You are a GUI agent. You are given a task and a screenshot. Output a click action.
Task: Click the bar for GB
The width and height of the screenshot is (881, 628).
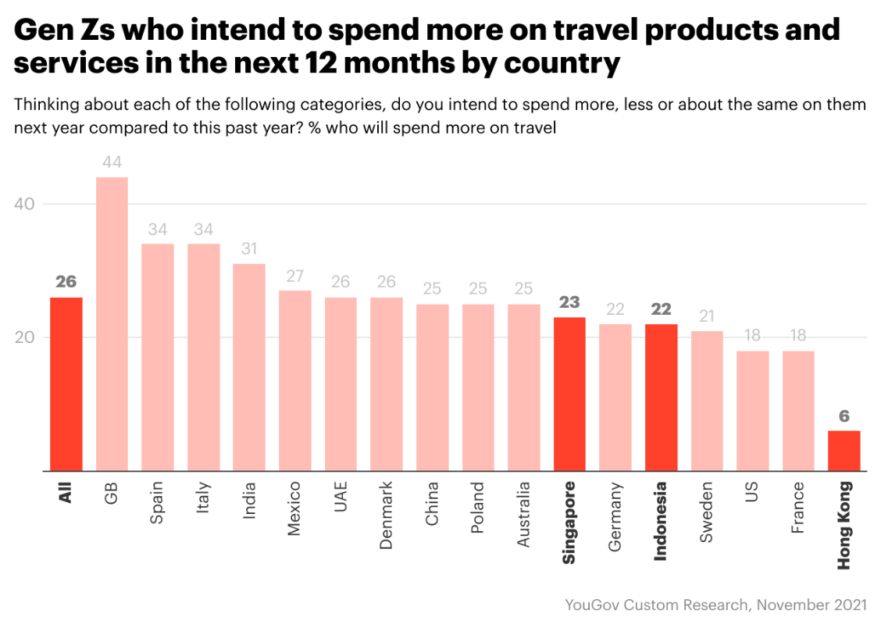pos(112,324)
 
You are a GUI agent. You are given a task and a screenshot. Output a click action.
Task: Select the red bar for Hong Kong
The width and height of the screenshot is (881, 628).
pos(844,451)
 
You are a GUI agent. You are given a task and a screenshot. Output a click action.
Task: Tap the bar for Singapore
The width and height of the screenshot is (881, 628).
pos(569,394)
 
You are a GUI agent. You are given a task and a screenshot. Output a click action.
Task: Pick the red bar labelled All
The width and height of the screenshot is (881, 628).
pos(66,384)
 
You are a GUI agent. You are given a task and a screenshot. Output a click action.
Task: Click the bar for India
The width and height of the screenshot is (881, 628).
pos(249,367)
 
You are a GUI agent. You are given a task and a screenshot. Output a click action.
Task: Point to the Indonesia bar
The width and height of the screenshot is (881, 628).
pos(661,398)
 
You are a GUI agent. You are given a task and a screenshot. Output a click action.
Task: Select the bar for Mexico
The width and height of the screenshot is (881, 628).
pos(295,380)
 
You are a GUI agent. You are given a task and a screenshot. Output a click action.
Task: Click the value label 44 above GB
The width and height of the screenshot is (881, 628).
pos(112,162)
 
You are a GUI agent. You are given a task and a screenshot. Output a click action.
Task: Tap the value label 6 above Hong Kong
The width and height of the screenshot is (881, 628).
pos(844,416)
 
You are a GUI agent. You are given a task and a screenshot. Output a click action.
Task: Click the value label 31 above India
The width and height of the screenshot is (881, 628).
pos(249,249)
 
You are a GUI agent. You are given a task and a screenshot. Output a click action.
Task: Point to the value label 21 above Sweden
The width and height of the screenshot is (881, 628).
pos(707,316)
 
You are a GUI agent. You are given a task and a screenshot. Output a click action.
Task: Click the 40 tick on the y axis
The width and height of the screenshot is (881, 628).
pos(24,204)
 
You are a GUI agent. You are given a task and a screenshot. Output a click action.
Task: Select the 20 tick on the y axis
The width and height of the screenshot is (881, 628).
pos(24,337)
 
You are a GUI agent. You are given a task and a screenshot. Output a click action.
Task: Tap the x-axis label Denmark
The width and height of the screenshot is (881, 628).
pos(387,516)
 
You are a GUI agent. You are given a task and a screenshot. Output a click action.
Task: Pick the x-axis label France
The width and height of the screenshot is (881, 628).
pos(798,508)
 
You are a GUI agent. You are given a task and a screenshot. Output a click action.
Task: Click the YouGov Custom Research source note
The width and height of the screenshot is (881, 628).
pos(715,605)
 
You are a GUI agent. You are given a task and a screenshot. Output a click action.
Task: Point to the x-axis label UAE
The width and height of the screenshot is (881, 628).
pos(341,497)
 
